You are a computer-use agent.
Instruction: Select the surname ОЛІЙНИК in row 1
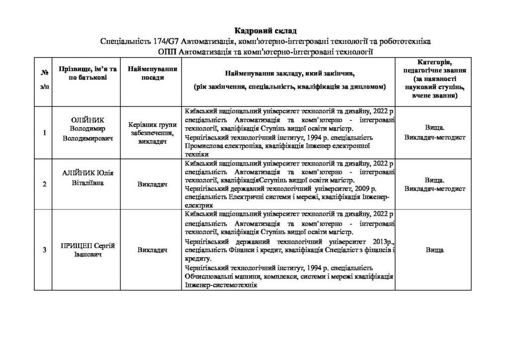pyautogui.click(x=88, y=121)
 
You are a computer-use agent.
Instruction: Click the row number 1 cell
pyautogui.click(x=45, y=133)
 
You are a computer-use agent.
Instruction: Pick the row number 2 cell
pyautogui.click(x=45, y=184)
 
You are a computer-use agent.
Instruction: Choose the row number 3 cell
pyautogui.click(x=45, y=250)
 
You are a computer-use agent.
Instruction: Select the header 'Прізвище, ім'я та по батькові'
pyautogui.click(x=88, y=75)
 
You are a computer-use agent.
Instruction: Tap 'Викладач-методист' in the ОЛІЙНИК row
pyautogui.click(x=435, y=137)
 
